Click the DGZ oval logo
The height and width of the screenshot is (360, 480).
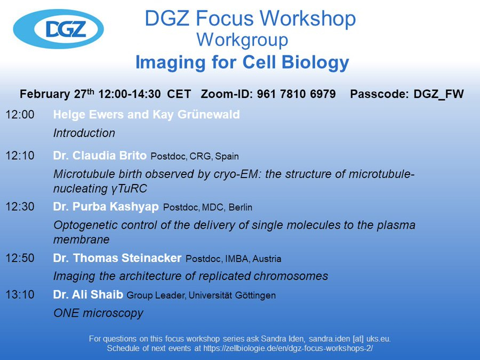(x=58, y=29)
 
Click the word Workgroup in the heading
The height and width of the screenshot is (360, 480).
(x=242, y=40)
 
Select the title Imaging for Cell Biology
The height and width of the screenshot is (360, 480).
(x=242, y=62)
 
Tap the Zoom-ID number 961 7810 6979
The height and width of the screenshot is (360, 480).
(x=297, y=94)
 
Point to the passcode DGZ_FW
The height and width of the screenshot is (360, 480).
(x=439, y=94)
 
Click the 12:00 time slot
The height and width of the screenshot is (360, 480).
(x=20, y=115)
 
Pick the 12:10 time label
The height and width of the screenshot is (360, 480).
(x=20, y=156)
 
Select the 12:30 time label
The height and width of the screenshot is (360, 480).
(x=20, y=206)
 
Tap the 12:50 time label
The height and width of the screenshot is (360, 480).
(x=20, y=258)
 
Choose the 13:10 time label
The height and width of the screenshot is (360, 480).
(x=20, y=294)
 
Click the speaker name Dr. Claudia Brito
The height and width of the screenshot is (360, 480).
(x=100, y=156)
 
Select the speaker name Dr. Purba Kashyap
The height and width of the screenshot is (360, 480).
(x=106, y=207)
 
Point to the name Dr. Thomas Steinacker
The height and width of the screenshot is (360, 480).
(x=117, y=258)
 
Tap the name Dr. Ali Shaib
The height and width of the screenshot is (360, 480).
(x=88, y=294)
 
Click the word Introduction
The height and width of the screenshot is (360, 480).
(x=84, y=133)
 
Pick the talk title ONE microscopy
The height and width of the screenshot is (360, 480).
(x=98, y=313)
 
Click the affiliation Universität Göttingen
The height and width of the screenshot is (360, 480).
(x=232, y=295)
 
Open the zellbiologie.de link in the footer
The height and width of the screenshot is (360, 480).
(x=288, y=348)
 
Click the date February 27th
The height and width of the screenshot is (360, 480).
(x=57, y=94)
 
